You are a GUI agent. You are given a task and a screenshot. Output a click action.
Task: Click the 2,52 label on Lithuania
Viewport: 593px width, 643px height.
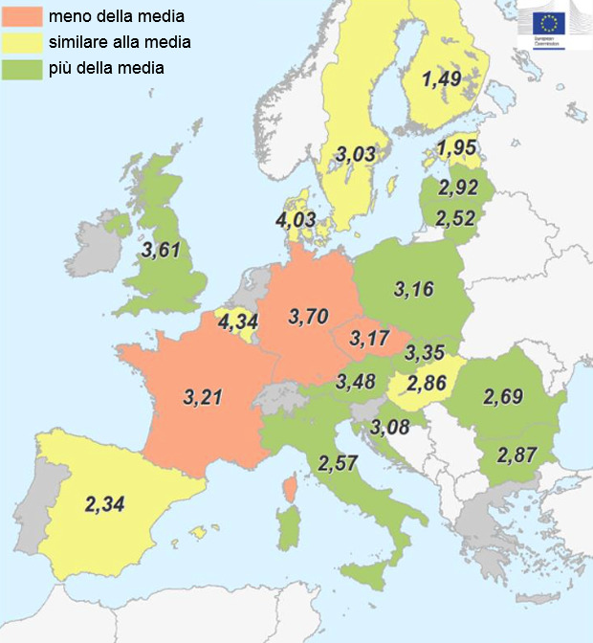(454, 219)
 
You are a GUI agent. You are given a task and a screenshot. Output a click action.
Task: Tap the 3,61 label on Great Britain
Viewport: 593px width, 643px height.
(161, 251)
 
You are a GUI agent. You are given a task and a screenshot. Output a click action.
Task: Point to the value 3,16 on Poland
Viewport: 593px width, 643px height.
(414, 288)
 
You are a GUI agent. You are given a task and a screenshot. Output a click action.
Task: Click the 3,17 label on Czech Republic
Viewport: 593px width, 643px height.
(368, 338)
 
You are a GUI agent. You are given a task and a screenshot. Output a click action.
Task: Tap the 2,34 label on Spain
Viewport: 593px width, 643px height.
(105, 503)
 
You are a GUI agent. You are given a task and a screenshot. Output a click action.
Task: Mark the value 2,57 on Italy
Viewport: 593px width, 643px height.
(338, 463)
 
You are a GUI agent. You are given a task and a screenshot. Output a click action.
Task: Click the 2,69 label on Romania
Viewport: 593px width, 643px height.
(503, 395)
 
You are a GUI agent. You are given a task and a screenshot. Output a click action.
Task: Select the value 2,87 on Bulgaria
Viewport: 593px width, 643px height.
(516, 454)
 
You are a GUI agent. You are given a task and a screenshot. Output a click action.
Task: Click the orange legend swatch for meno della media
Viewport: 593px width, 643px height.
(27, 16)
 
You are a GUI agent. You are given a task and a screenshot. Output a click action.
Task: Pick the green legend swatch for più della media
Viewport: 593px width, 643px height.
(27, 68)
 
